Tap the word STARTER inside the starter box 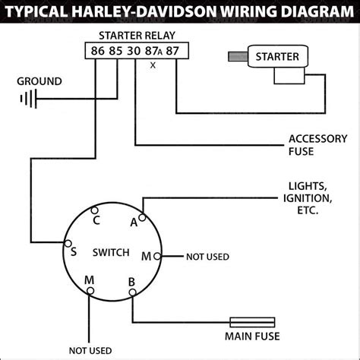point(277,56)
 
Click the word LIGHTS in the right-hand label point(308,185)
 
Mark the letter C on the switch point(96,221)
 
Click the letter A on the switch point(134,222)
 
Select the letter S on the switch point(73,251)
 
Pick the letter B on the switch point(131,283)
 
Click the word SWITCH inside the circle point(110,252)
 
